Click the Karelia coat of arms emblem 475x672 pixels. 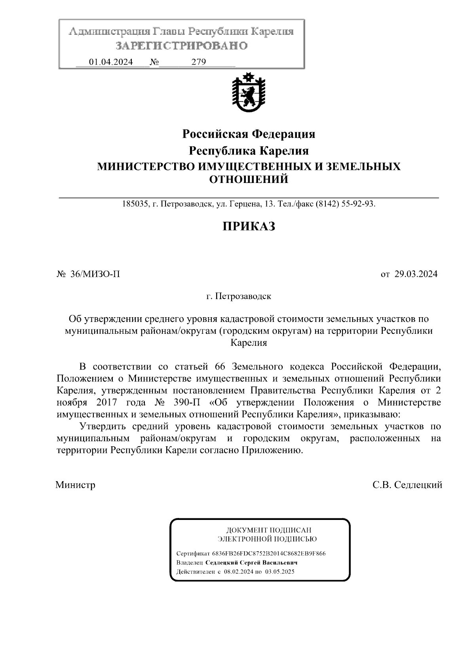[x=249, y=94]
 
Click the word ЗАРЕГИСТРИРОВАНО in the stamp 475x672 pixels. [x=181, y=46]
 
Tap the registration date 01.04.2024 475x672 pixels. [x=111, y=62]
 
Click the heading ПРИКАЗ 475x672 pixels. [x=249, y=227]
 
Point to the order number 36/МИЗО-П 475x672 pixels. [x=95, y=274]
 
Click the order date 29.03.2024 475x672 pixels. [x=416, y=274]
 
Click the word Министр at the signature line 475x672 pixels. [x=76, y=485]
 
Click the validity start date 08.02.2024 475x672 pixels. [x=238, y=572]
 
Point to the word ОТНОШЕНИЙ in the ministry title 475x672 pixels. [x=249, y=179]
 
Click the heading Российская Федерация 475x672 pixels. [x=249, y=134]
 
